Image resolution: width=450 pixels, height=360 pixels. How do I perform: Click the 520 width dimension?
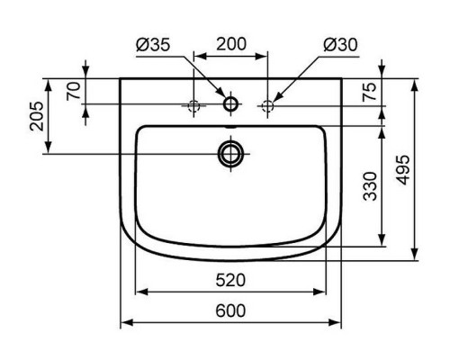[x=230, y=281]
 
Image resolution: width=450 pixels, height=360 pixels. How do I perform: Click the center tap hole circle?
[x=230, y=105]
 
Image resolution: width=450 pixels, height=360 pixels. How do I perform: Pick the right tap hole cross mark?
[x=267, y=106]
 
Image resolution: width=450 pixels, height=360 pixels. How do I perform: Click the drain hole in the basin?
[x=230, y=154]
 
